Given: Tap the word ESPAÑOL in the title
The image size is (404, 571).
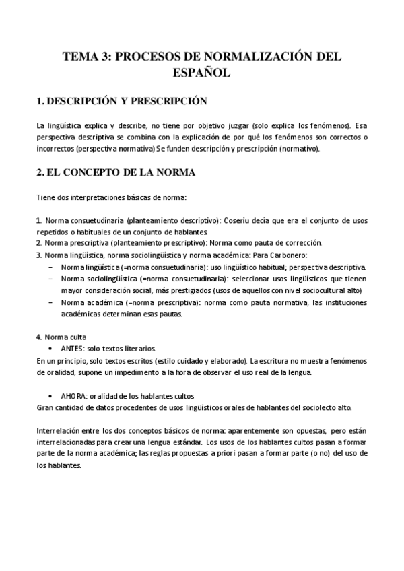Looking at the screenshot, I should (201, 72).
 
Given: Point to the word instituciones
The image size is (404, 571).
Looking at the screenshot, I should (344, 302).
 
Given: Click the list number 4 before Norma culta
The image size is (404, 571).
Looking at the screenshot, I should (38, 337).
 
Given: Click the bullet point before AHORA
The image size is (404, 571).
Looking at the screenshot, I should (52, 395).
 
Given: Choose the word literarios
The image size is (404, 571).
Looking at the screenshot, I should (139, 348).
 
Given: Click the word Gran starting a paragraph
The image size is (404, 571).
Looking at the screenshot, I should (44, 407).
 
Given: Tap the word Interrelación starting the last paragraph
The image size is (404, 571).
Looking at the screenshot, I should (58, 430).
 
